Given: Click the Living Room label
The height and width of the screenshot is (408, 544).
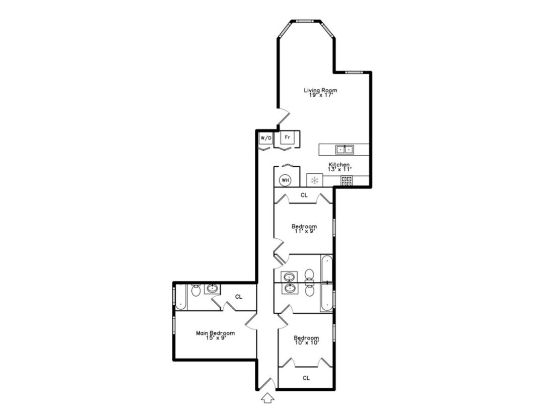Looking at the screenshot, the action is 320,92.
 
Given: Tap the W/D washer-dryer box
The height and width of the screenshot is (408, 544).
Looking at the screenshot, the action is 266,138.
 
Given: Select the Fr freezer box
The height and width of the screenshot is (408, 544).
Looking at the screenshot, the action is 287,137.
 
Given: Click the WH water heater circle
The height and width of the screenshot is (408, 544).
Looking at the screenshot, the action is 285,180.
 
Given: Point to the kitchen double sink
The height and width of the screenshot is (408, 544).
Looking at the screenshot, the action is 345,150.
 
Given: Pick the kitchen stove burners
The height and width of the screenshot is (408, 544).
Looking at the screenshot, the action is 347,181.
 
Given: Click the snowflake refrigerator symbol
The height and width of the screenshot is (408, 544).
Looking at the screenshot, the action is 315,180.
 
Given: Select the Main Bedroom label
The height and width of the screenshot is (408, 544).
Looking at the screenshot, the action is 216,335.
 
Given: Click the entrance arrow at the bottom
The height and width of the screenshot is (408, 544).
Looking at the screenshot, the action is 267,397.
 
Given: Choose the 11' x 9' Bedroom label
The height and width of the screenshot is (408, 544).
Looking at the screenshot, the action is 304,229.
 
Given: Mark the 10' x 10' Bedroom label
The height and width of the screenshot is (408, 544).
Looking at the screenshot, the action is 306,340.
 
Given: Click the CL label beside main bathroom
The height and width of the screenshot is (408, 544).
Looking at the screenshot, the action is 238,297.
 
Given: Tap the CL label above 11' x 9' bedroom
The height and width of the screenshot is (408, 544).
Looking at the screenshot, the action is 304,195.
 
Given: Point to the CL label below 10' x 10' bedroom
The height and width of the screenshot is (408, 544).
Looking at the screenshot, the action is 306,378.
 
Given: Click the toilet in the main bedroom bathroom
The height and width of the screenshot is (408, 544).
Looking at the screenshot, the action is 195,290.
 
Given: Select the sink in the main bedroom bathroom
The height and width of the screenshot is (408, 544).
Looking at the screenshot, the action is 212,289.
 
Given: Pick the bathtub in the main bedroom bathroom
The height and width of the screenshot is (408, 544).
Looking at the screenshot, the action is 181,297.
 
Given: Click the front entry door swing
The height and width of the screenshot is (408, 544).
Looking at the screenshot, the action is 267,383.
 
